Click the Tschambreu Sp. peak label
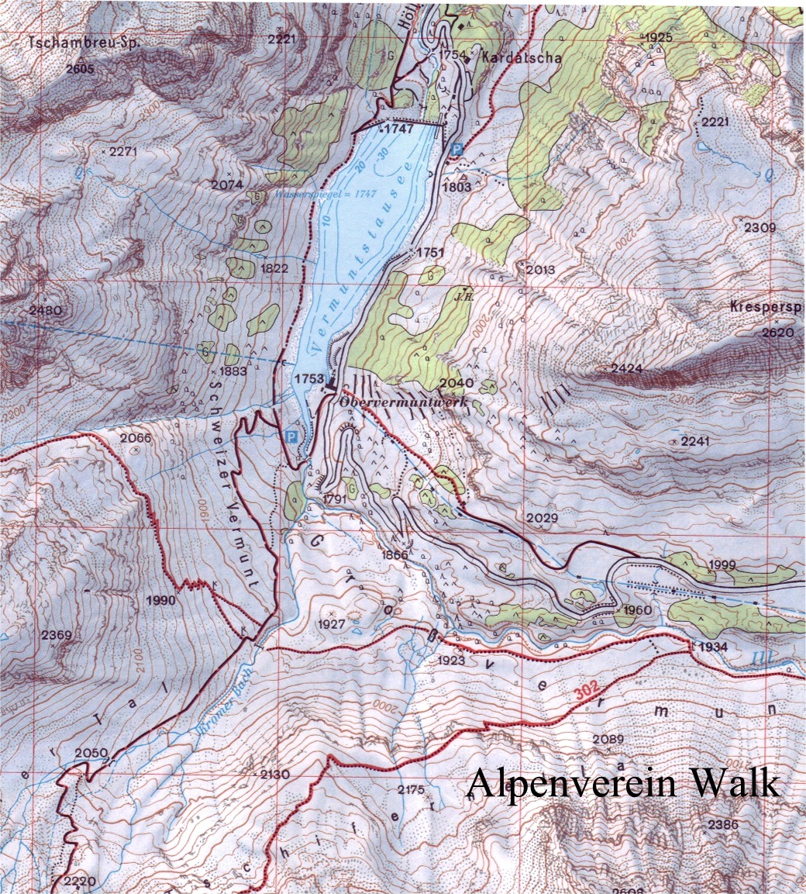[x=83, y=44]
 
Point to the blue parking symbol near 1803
[x=456, y=148]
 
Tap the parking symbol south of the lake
[x=291, y=437]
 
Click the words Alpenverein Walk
[x=622, y=783]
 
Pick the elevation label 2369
[x=57, y=635]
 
